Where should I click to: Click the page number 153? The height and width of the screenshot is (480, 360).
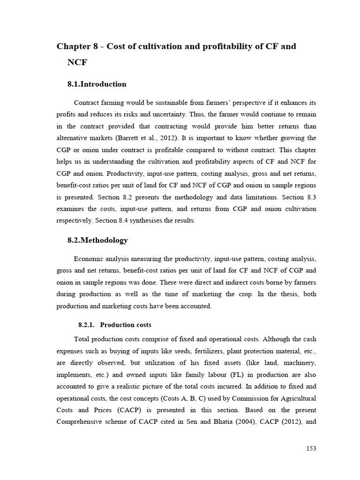(x=311, y=448)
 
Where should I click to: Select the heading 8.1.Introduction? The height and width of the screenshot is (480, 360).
(x=97, y=84)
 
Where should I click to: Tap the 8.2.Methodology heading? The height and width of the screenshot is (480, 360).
(x=97, y=240)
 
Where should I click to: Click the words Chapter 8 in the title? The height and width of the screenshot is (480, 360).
(x=77, y=46)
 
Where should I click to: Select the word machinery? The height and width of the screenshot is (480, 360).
(x=298, y=363)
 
